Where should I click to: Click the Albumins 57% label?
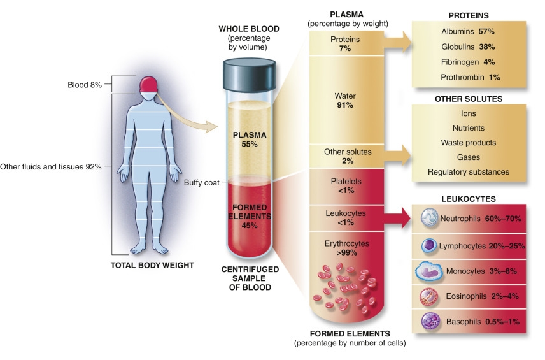pyautogui.click(x=468, y=31)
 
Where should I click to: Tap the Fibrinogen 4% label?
pyautogui.click(x=468, y=62)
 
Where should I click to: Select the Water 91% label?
pyautogui.click(x=344, y=101)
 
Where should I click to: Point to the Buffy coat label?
pyautogui.click(x=201, y=182)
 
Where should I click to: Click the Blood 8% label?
pyautogui.click(x=85, y=84)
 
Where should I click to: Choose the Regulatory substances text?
pyautogui.click(x=468, y=172)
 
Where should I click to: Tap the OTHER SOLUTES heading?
pyautogui.click(x=468, y=99)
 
